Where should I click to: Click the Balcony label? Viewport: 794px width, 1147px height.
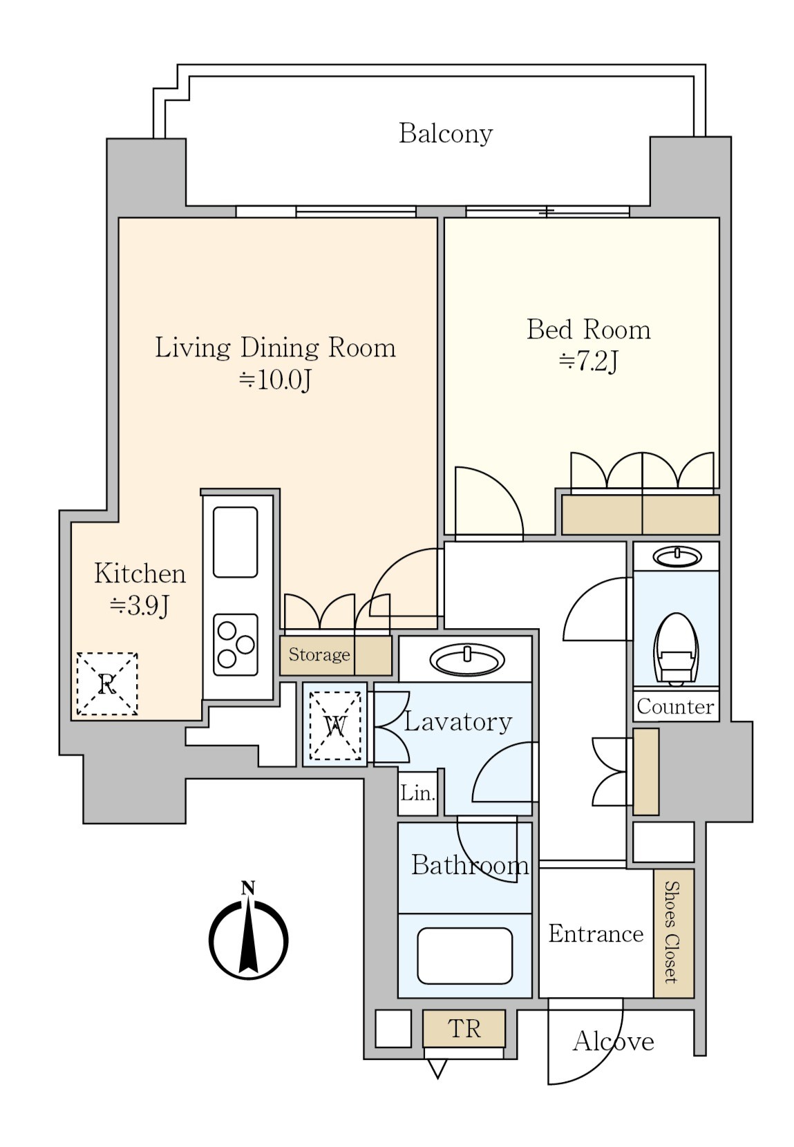[x=445, y=134]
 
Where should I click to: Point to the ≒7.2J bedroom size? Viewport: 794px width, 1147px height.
[x=588, y=361]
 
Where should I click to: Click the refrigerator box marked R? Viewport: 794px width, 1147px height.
[x=107, y=683]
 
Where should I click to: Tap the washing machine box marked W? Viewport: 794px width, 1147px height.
[x=335, y=726]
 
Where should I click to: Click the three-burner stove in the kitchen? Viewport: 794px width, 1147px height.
[x=235, y=644]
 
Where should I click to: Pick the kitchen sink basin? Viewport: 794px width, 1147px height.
[x=235, y=542]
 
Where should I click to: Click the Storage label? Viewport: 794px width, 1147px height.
[x=319, y=654]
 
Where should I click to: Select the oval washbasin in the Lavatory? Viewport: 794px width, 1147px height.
[x=466, y=658]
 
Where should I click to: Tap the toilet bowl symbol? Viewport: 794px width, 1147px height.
[x=677, y=650]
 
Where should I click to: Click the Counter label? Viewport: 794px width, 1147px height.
[x=675, y=707]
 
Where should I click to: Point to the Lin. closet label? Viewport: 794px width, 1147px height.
[x=417, y=794]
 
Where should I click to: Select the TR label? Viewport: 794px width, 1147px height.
[x=464, y=1029]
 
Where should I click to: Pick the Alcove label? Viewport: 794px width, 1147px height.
[x=614, y=1041]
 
